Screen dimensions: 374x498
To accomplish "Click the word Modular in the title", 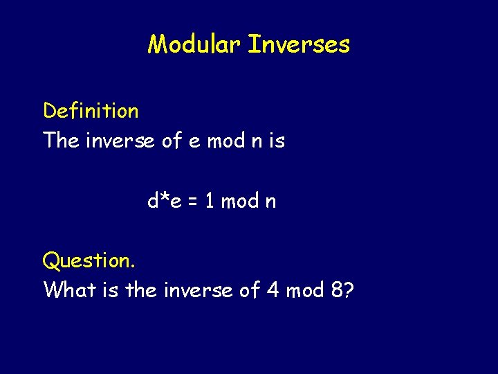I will (x=194, y=45).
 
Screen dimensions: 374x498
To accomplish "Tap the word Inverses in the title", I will (x=299, y=45).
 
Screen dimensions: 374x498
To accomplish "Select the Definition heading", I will (x=91, y=111).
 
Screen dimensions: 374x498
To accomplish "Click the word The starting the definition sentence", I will (x=61, y=141).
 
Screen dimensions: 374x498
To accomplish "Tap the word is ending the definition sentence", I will (x=277, y=141).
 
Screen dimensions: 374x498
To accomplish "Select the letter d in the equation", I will (x=153, y=201).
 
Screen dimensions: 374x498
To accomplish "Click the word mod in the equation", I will (x=240, y=201).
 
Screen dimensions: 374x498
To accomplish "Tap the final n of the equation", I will (x=270, y=202).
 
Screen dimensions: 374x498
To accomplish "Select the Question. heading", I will (x=89, y=261).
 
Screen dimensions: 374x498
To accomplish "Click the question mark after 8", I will (x=349, y=290).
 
